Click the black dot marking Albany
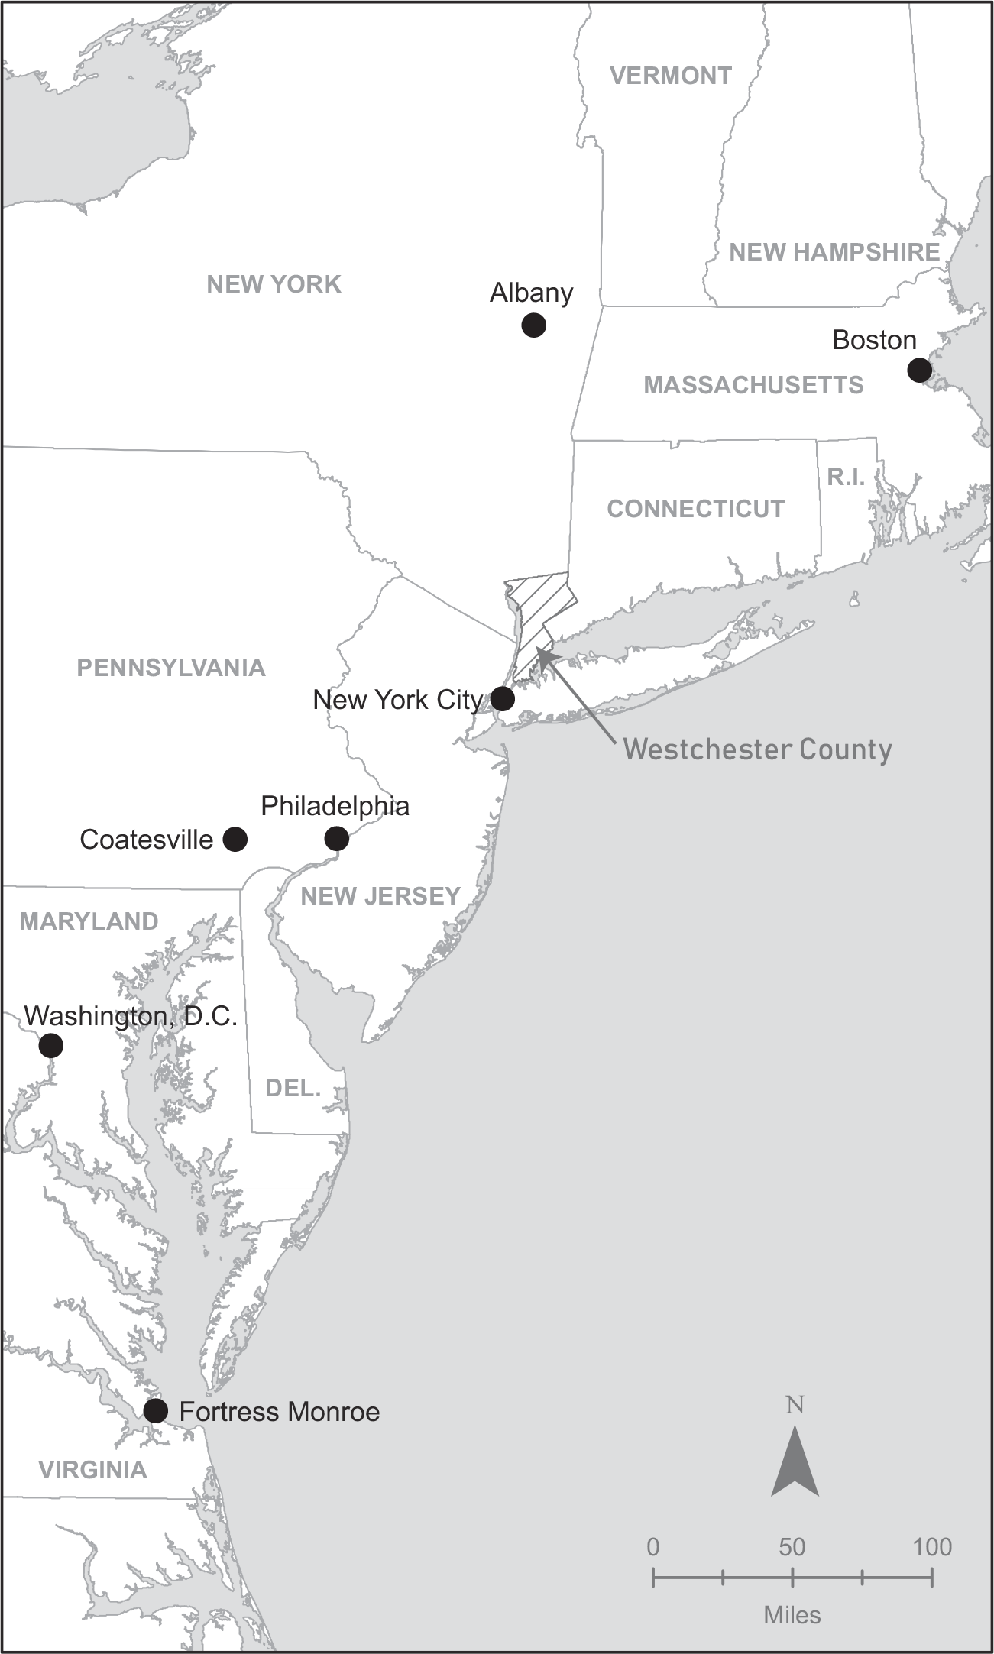pyautogui.click(x=533, y=325)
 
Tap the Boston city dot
pyautogui.click(x=919, y=371)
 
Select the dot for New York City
pyautogui.click(x=502, y=698)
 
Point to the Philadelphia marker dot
pyautogui.click(x=336, y=839)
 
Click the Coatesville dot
pyautogui.click(x=235, y=839)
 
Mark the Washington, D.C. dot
pyautogui.click(x=51, y=1045)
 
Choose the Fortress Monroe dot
pyautogui.click(x=156, y=1410)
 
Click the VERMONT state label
pyautogui.click(x=670, y=76)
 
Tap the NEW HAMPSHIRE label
pyautogui.click(x=834, y=252)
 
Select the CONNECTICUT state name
pyautogui.click(x=695, y=509)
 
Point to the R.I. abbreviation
pyautogui.click(x=846, y=477)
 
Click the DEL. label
pyautogui.click(x=293, y=1088)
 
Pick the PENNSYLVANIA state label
pyautogui.click(x=171, y=668)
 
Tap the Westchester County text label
pyautogui.click(x=757, y=749)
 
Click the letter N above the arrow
pyautogui.click(x=795, y=1404)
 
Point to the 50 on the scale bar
pyautogui.click(x=792, y=1547)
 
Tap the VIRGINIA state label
pyautogui.click(x=92, y=1469)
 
